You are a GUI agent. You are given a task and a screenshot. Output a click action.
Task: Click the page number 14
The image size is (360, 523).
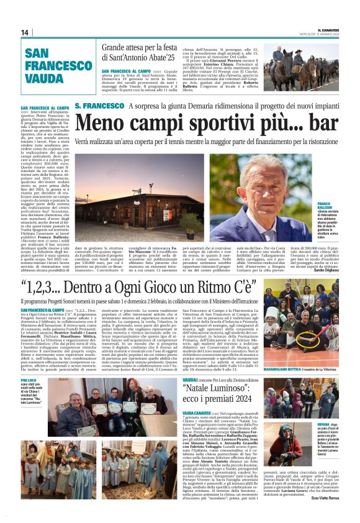[25, 32]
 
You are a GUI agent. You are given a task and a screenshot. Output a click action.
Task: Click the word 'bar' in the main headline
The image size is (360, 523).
[323, 124]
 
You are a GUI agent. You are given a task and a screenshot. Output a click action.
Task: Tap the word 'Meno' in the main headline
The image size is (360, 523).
[99, 124]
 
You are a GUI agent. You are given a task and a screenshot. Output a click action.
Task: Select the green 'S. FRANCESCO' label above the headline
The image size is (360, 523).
[100, 106]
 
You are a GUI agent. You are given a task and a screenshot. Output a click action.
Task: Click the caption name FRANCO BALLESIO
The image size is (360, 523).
[327, 206]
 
